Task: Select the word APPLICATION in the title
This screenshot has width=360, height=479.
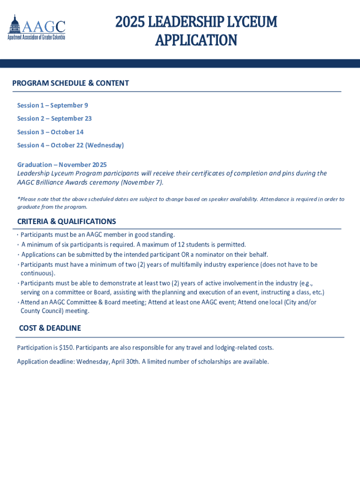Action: point(196,41)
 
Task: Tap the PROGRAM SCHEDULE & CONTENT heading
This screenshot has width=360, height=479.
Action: point(71,83)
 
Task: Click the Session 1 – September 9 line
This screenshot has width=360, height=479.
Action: point(52,105)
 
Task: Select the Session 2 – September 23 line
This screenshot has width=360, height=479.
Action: point(54,118)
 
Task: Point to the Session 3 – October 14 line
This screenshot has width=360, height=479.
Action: point(50,132)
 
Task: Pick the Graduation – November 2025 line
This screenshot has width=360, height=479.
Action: point(62,165)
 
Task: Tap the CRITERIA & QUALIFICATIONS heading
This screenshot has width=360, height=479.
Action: point(66,221)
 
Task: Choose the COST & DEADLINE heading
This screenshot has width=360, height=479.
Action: point(50,328)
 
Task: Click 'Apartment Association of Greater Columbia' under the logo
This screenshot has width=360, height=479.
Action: point(36,37)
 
